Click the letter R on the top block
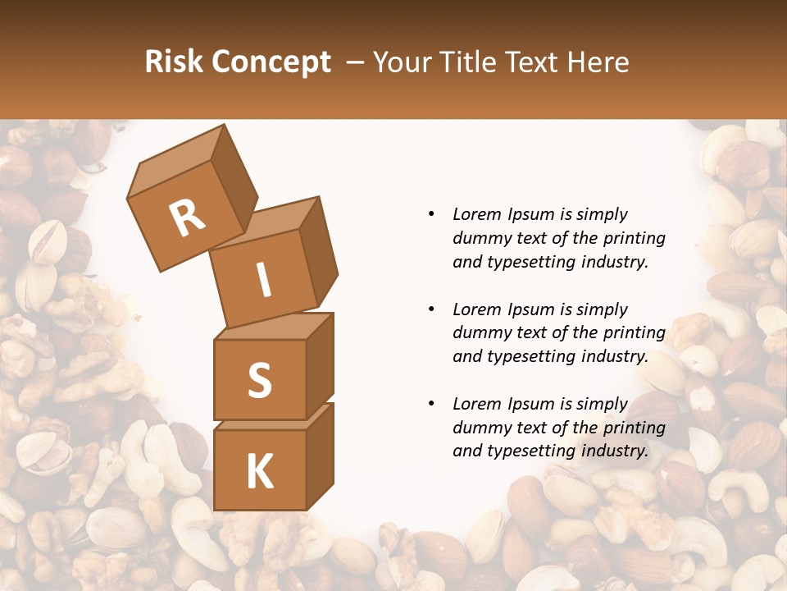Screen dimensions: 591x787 (x=187, y=218)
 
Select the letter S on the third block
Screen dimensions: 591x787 (x=259, y=380)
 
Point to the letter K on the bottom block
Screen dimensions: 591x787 (x=259, y=472)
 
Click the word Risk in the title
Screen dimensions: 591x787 (x=175, y=62)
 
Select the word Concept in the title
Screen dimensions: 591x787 (x=271, y=62)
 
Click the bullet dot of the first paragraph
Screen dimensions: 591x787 (x=431, y=214)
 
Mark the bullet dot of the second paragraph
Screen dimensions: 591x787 (x=431, y=309)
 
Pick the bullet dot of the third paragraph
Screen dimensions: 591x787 (x=431, y=404)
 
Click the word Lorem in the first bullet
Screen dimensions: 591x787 (x=476, y=214)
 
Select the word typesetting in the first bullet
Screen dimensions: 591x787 (x=529, y=262)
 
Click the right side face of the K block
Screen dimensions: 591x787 (x=321, y=456)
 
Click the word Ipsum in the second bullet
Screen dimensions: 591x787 (x=530, y=309)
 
